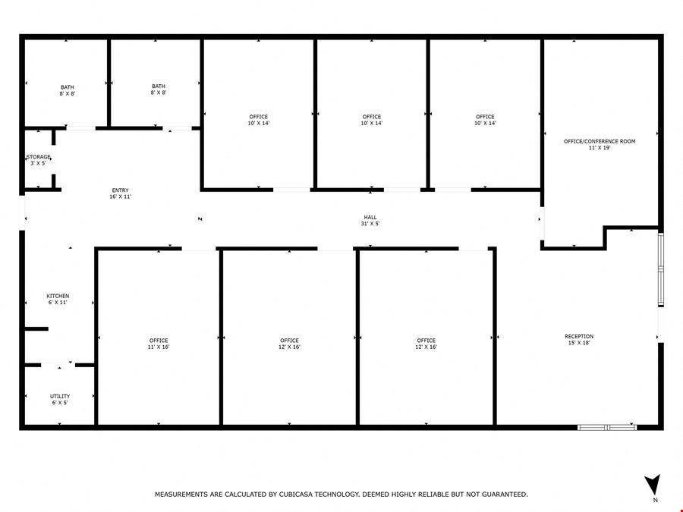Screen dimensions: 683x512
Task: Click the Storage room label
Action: point(39,160)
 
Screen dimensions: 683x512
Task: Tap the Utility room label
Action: point(60,399)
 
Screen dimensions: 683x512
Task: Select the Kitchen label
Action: point(58,299)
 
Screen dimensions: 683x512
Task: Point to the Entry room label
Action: point(120,193)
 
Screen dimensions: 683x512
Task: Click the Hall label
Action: point(370,220)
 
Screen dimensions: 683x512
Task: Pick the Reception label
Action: point(579,340)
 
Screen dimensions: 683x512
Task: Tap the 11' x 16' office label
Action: point(159,344)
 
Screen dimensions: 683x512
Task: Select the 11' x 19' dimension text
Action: point(600,148)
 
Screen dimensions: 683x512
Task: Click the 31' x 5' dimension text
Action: point(370,223)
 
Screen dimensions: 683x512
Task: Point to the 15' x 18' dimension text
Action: point(579,343)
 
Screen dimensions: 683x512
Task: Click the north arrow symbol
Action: point(653,484)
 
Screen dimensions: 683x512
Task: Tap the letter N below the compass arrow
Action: point(656,500)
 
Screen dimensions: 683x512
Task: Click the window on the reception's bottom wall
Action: point(607,428)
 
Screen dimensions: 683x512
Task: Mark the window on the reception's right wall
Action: point(661,270)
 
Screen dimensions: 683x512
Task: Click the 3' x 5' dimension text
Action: point(39,163)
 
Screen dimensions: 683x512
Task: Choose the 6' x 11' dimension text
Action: point(58,302)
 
